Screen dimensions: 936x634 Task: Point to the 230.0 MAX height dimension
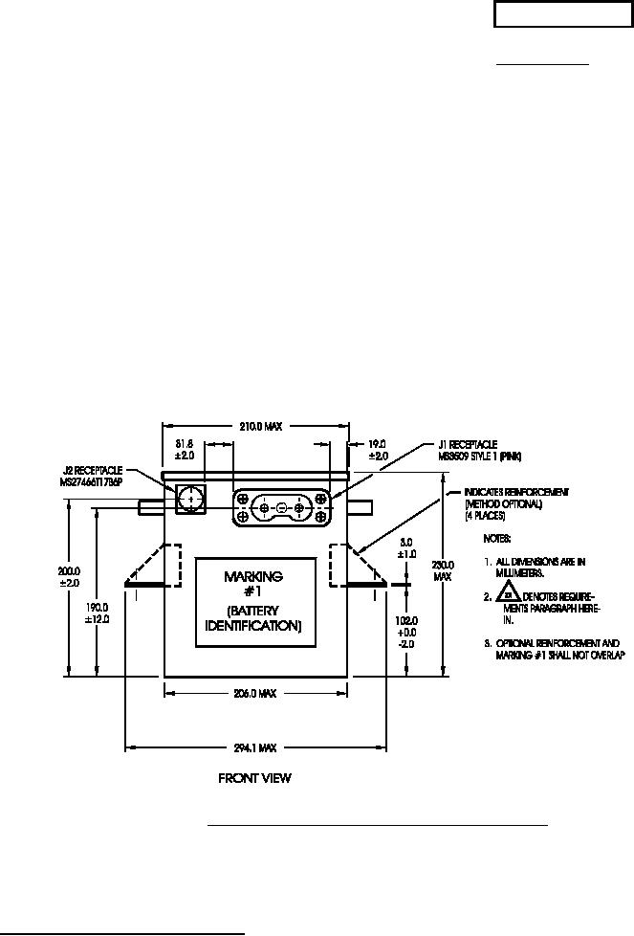(x=441, y=571)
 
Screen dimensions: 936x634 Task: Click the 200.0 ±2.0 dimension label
(x=83, y=576)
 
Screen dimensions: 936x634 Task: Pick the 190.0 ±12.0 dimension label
(x=98, y=613)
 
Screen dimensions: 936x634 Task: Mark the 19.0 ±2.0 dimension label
(x=378, y=450)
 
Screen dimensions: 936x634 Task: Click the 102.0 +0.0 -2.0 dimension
(x=407, y=631)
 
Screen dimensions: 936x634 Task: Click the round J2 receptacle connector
(x=191, y=499)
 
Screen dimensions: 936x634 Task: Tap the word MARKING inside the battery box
(x=253, y=576)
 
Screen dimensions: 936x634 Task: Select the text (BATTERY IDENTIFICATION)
(x=253, y=618)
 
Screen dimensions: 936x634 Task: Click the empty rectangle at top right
(x=556, y=16)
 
